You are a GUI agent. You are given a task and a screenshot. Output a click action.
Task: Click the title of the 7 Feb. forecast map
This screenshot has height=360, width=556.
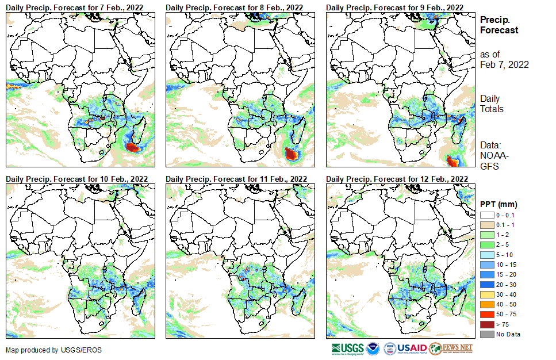click(75, 7)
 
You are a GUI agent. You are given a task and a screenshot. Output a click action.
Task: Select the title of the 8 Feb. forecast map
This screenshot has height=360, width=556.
click(235, 7)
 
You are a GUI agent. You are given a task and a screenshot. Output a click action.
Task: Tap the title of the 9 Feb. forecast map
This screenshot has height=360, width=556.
click(394, 7)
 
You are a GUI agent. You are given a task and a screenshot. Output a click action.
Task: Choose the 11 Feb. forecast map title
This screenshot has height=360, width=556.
click(236, 179)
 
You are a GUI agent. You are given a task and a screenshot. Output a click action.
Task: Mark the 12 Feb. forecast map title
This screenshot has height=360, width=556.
click(397, 179)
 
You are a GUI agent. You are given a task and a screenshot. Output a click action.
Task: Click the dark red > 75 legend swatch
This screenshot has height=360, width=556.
click(486, 325)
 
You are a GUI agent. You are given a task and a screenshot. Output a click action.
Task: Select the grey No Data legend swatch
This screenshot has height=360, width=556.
click(486, 334)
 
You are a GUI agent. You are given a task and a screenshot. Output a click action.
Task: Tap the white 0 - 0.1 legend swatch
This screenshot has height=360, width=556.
click(486, 215)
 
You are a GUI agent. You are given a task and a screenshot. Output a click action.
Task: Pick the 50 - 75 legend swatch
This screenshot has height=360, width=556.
click(486, 316)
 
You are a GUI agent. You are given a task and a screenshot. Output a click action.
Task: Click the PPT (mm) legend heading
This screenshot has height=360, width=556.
click(499, 204)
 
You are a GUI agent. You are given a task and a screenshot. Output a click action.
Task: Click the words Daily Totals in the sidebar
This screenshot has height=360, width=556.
click(492, 104)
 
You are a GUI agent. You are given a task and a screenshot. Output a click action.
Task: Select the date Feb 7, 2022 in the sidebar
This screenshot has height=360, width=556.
click(504, 64)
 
